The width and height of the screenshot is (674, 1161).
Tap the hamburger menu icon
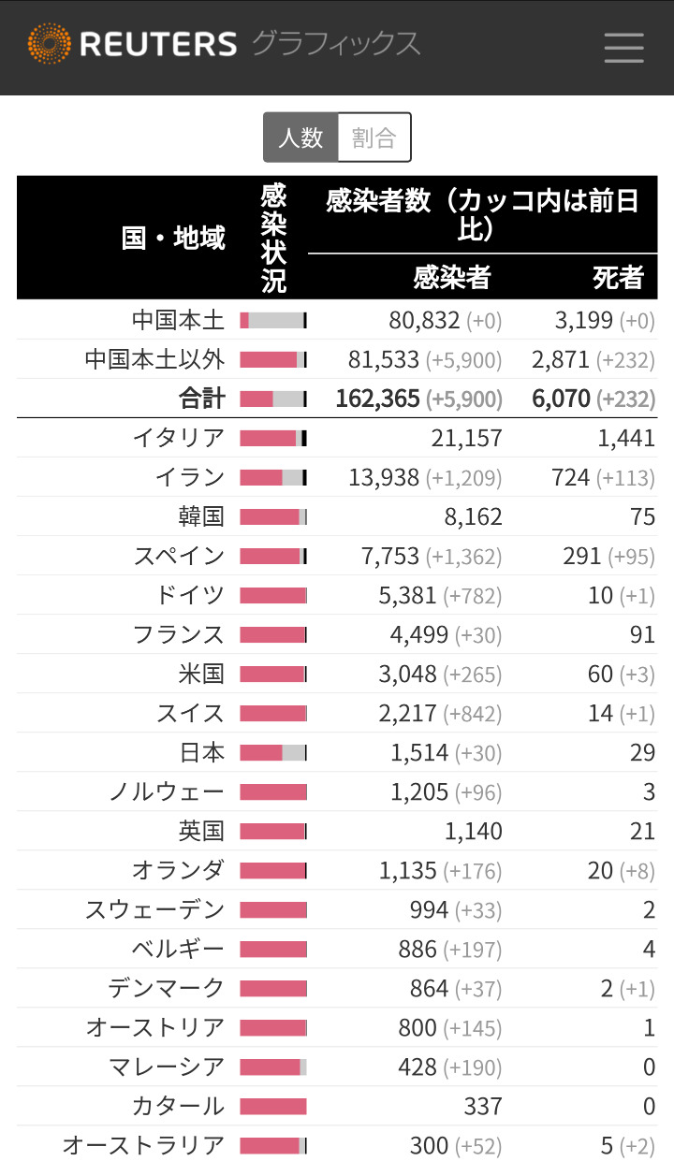pyautogui.click(x=623, y=47)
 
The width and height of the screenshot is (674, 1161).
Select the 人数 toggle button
pyautogui.click(x=300, y=138)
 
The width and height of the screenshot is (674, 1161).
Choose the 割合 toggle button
pyautogui.click(x=374, y=138)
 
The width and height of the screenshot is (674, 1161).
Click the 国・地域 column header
pyautogui.click(x=174, y=238)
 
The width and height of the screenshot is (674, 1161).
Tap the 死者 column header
pyautogui.click(x=618, y=277)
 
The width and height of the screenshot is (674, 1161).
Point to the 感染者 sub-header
pyautogui.click(x=452, y=277)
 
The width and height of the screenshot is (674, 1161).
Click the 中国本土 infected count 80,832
pyautogui.click(x=424, y=321)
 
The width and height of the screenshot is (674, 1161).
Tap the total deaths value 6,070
pyautogui.click(x=562, y=399)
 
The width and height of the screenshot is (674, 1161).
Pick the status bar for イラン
pyautogui.click(x=273, y=477)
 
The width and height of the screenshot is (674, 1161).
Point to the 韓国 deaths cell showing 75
pyautogui.click(x=642, y=516)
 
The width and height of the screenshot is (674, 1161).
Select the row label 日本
pyautogui.click(x=202, y=752)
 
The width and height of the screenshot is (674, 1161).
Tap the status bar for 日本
pyautogui.click(x=273, y=752)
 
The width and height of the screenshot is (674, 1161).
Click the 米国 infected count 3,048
pyautogui.click(x=414, y=674)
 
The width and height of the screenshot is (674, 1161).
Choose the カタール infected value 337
pyautogui.click(x=483, y=1106)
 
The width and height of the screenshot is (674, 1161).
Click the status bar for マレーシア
pyautogui.click(x=273, y=1067)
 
